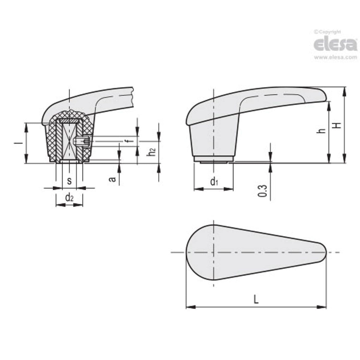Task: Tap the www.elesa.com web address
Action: [x=335, y=58]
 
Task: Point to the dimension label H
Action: [x=337, y=125]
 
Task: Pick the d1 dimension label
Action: [x=214, y=181]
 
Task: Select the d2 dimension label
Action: [x=69, y=197]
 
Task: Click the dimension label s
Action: [x=69, y=181]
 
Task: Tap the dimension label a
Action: [x=112, y=179]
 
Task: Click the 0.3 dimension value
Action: [x=262, y=191]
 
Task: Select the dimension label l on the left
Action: [x=18, y=143]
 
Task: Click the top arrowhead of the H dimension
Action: [x=344, y=91]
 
